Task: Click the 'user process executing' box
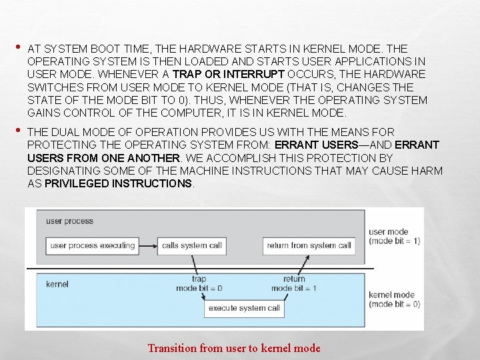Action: point(92,245)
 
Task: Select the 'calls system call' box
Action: point(192,245)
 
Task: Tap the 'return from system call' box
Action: point(309,245)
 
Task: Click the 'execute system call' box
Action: point(244,309)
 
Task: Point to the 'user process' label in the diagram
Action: point(69,221)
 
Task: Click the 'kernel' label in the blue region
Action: point(57,284)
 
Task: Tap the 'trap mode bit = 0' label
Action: point(199,284)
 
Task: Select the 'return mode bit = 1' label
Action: point(293,284)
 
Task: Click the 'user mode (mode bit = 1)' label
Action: point(394,237)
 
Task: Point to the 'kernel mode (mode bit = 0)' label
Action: point(394,299)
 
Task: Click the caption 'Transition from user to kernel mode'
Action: point(234,348)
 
